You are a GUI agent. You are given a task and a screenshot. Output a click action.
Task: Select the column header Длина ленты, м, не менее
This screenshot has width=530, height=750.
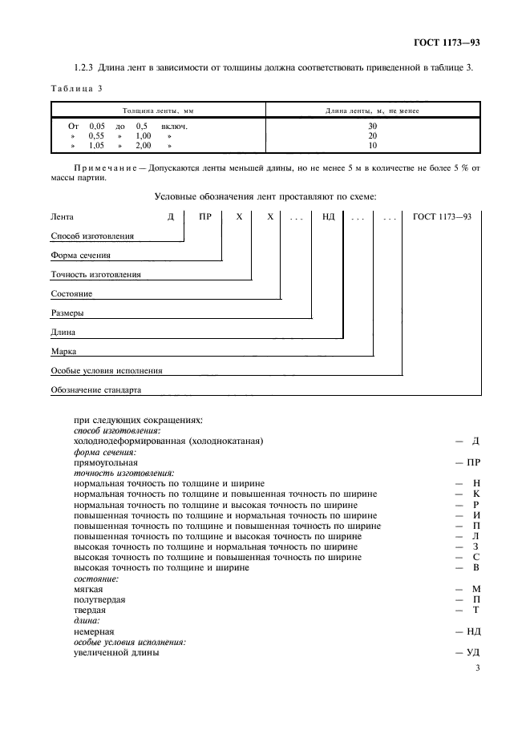click(x=371, y=111)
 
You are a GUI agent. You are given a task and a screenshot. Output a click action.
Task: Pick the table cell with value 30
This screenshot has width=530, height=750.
click(x=372, y=126)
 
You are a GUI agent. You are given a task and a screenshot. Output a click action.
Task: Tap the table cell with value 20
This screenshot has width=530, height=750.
click(x=372, y=135)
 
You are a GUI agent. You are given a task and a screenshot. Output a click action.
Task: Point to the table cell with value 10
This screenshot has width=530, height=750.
click(x=372, y=146)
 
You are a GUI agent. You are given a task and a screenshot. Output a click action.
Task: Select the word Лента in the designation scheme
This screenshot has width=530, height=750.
click(x=62, y=216)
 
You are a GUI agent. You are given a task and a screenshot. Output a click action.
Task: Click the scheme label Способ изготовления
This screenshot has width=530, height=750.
click(x=91, y=236)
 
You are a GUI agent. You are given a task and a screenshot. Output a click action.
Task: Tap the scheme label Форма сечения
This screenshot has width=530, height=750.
click(x=80, y=256)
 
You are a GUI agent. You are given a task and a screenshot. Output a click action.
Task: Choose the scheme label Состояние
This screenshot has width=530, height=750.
click(x=71, y=294)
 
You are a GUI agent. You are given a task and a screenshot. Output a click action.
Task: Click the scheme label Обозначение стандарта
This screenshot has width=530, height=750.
click(x=95, y=390)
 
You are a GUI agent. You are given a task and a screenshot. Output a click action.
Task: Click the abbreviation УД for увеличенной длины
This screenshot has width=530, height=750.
click(x=473, y=652)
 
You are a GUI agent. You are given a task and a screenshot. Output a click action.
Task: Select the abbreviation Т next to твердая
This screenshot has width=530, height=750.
click(x=476, y=610)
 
